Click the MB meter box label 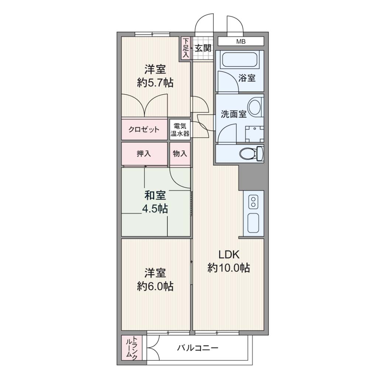(241, 41)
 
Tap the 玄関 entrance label (203, 48)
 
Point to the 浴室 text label (247, 78)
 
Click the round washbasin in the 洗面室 (255, 107)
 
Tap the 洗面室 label (234, 114)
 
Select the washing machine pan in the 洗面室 (255, 134)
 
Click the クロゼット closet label (144, 130)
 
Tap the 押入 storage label (144, 154)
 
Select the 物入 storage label (180, 153)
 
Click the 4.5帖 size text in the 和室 (155, 209)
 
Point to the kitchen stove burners (253, 202)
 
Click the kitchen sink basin (253, 223)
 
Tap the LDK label (229, 254)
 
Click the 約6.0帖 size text (155, 286)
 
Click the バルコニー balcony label (198, 348)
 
